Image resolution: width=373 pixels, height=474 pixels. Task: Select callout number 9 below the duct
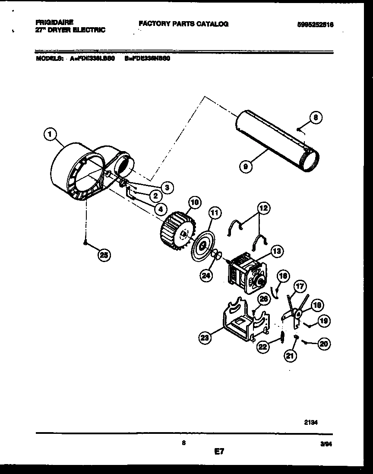pos(245,165)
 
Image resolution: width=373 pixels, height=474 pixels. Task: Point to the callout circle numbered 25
pos(104,255)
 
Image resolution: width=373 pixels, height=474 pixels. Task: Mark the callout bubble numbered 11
pos(215,212)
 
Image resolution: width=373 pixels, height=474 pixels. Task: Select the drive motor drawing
pos(246,274)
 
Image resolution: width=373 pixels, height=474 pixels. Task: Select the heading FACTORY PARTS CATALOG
pos(183,24)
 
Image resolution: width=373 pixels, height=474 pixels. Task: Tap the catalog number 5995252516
pos(315,25)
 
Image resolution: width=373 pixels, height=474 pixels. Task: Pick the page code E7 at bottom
pos(219,452)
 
